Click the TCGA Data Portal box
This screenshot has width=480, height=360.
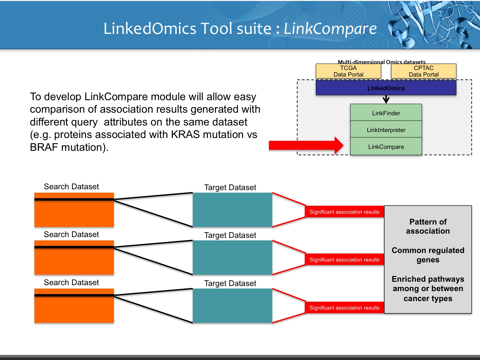[348, 71]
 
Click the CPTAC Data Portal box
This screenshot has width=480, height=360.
[423, 71]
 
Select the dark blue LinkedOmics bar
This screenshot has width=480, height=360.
[386, 88]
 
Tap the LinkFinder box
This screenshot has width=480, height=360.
[386, 113]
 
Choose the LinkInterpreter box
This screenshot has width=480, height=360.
[386, 130]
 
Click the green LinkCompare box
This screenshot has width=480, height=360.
[386, 147]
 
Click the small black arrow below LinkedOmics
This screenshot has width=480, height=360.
[386, 99]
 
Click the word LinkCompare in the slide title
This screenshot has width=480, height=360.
[330, 29]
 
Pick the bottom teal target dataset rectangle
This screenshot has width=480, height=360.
[232, 306]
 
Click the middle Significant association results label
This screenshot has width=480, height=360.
[344, 260]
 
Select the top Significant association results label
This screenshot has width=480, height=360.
[344, 212]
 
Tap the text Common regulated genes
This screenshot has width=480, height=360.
[428, 255]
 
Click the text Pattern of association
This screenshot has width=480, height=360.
[428, 226]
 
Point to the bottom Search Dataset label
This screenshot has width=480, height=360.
[71, 282]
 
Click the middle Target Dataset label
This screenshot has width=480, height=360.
[230, 235]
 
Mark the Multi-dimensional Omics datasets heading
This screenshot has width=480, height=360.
[381, 62]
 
